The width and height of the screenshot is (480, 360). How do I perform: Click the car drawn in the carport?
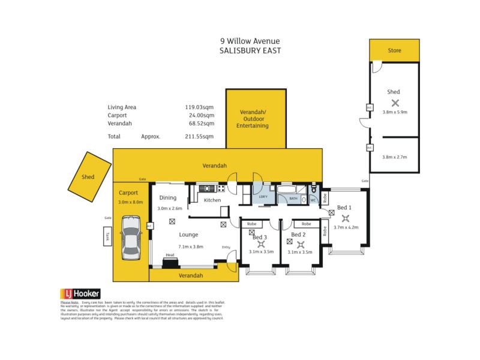131,239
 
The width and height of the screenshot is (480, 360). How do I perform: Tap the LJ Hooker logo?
79,293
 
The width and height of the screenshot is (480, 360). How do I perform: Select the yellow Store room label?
394,50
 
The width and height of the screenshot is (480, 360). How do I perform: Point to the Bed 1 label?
344,207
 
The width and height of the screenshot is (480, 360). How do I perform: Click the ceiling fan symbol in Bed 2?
301,244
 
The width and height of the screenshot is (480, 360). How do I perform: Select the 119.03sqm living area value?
200,107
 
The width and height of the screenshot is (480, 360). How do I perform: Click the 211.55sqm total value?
200,136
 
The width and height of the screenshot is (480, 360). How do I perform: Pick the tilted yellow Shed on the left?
88,177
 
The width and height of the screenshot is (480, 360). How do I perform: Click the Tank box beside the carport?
107,236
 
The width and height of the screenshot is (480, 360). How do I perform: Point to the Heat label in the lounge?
170,255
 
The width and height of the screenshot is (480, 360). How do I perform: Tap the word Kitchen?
212,200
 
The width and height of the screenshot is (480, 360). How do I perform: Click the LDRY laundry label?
263,197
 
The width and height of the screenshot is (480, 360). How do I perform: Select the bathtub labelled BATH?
293,197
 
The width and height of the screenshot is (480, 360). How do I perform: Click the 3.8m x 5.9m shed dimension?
394,112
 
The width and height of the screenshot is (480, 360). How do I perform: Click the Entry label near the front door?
226,247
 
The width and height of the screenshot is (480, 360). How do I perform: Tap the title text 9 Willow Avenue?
250,41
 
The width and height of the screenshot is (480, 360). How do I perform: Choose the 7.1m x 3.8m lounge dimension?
190,247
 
